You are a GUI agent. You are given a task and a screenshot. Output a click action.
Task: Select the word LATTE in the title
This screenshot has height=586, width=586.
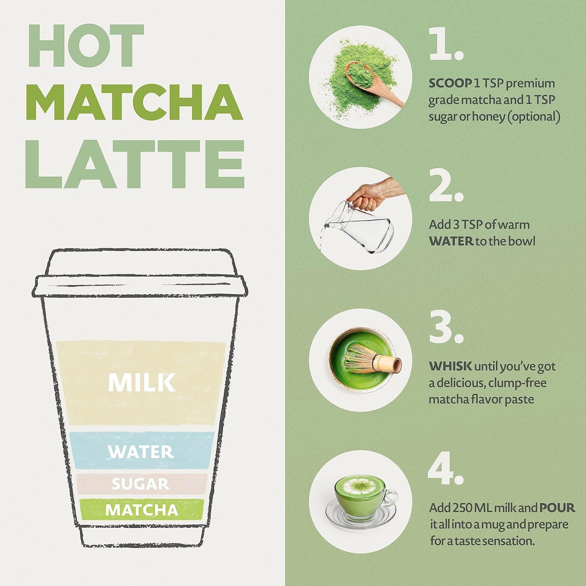pyautogui.click(x=135, y=163)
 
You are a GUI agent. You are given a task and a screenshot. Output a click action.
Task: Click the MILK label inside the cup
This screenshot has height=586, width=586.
pyautogui.click(x=141, y=382)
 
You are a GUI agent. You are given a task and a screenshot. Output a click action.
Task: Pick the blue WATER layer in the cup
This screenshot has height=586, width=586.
pyautogui.click(x=141, y=451)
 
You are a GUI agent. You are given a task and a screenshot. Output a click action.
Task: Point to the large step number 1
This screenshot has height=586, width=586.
pyautogui.click(x=445, y=45)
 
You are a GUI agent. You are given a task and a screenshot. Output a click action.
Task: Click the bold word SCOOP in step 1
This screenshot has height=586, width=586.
pyautogui.click(x=450, y=83)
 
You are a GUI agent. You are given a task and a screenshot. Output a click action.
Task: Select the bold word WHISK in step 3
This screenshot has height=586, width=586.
pyautogui.click(x=450, y=366)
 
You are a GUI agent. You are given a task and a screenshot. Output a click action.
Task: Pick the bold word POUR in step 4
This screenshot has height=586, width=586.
pyautogui.click(x=557, y=507)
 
